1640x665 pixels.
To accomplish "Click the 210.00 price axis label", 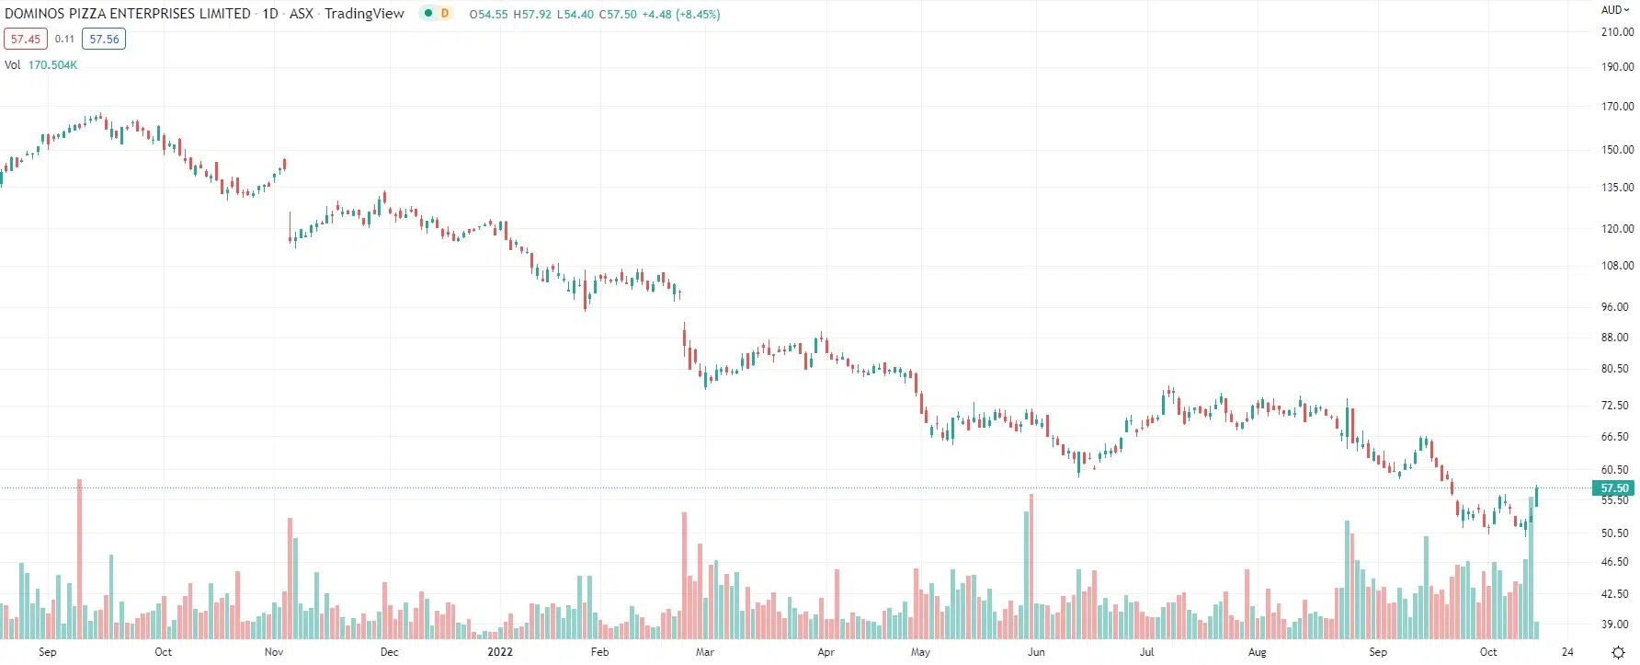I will click(x=1617, y=32).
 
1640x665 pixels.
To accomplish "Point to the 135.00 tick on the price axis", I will click(x=1617, y=188).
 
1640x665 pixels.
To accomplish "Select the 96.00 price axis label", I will click(x=1615, y=307).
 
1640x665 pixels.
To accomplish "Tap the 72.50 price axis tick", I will click(x=1615, y=406).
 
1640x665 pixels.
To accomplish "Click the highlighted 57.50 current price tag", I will click(x=1613, y=488).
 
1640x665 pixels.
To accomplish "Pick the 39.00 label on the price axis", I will click(x=1615, y=625).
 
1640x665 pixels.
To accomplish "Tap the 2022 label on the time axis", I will click(x=500, y=652).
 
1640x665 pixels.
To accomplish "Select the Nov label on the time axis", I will click(x=274, y=652).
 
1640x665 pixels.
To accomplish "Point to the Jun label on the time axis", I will click(x=1036, y=652).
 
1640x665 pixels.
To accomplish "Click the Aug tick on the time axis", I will click(x=1257, y=652).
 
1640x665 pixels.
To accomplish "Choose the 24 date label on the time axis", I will click(x=1567, y=652).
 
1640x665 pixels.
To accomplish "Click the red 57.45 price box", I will click(x=26, y=40).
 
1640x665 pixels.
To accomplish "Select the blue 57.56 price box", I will click(x=104, y=40).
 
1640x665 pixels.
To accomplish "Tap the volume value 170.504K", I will click(x=52, y=65).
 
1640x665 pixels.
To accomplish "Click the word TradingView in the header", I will click(x=364, y=14).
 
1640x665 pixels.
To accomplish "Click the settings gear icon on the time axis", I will click(x=1618, y=653).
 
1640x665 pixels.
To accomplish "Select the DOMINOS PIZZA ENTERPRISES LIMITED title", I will click(x=128, y=14).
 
